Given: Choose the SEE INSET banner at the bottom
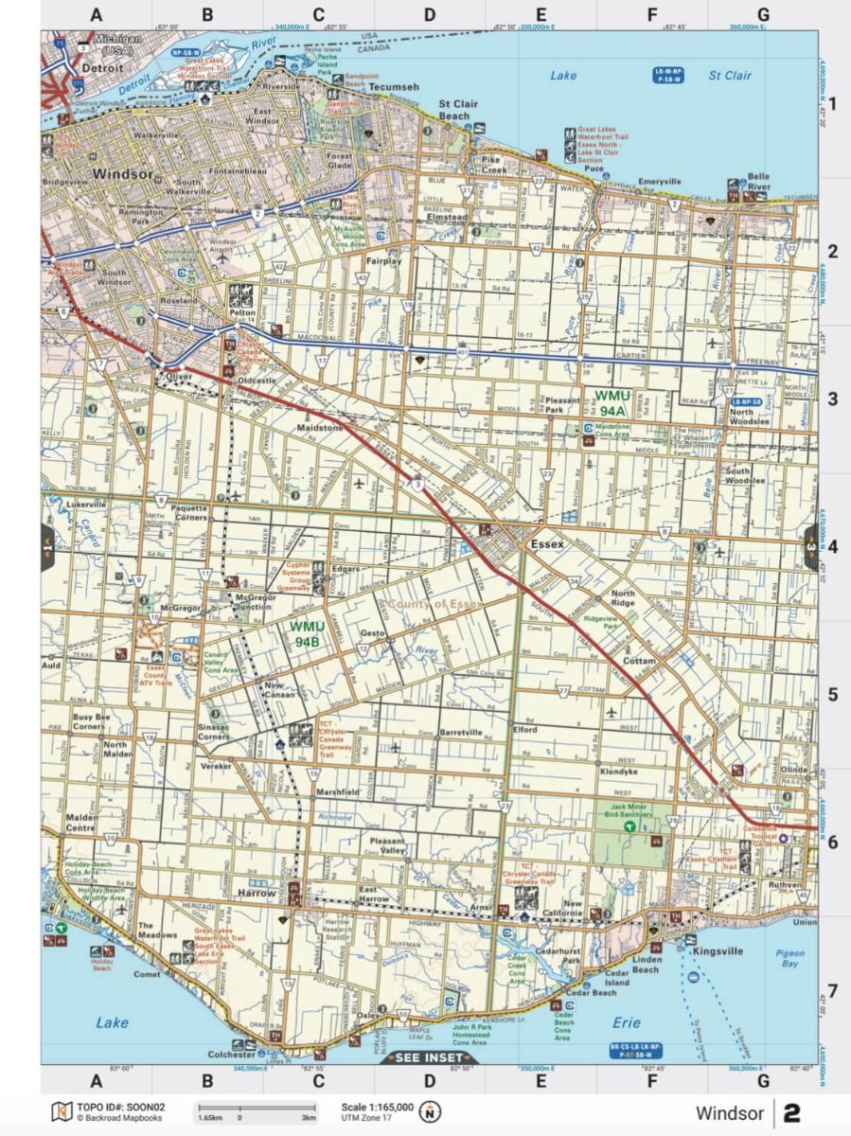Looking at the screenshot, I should point(430,1057).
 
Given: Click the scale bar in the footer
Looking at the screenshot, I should point(256,1109).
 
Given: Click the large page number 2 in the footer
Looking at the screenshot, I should point(791,1112).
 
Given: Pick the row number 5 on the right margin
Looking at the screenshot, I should point(833,695).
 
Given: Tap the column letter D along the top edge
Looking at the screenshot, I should point(430,15).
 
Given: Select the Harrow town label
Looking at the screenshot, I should point(257,893).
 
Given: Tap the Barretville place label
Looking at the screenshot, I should point(461,733).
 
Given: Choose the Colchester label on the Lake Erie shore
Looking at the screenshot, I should point(231,1054).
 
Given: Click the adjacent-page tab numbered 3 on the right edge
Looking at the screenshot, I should point(810,547).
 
